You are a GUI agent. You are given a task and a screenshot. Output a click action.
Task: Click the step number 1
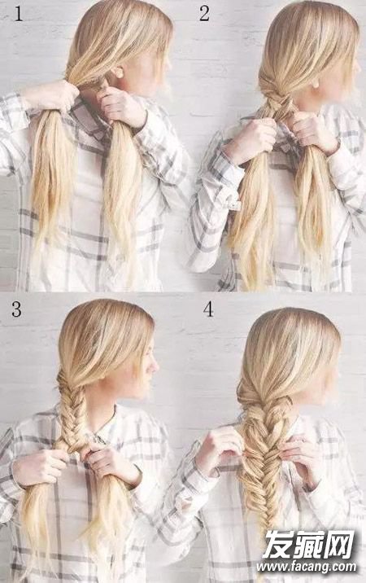click(18, 14)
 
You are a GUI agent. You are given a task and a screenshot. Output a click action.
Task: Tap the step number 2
click(204, 14)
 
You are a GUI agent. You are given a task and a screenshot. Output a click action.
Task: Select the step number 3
click(16, 309)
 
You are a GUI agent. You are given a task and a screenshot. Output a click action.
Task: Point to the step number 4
click(208, 309)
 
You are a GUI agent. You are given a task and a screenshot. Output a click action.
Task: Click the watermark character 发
click(277, 545)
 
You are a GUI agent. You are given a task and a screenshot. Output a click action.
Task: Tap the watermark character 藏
click(308, 545)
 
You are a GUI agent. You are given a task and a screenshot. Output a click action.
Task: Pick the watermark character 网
click(339, 545)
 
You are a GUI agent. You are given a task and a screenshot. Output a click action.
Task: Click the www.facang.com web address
click(306, 567)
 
